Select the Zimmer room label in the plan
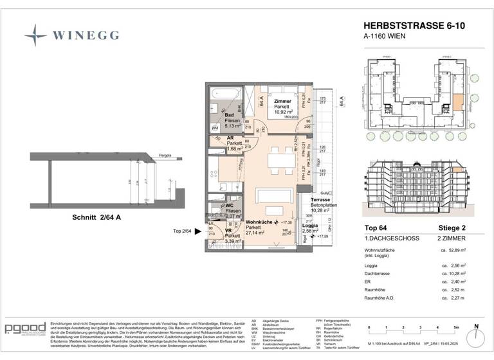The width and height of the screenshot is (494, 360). pos(282,102)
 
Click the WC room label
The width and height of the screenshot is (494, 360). pos(230,206)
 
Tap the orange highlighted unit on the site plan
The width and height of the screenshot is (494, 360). pos(457,102)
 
